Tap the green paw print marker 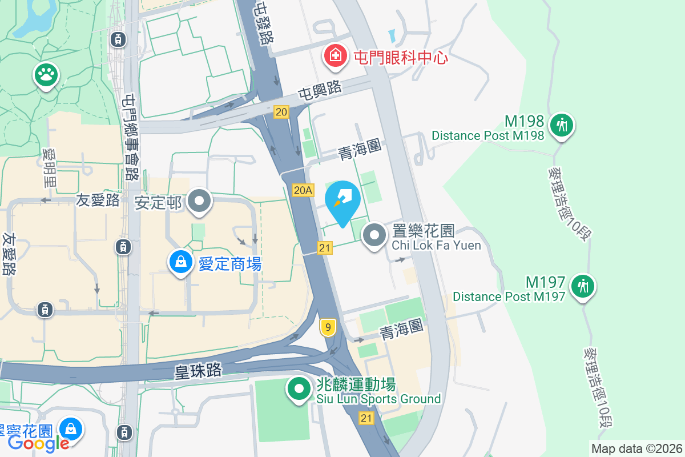(x=46, y=74)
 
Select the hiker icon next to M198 (x=562, y=124)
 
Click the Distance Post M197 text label (x=509, y=296)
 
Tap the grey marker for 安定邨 (x=199, y=202)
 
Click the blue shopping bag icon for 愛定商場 (x=180, y=263)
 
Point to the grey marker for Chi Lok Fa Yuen (x=374, y=235)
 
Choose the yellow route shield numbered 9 (x=327, y=327)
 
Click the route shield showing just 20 (x=281, y=112)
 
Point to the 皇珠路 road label (x=198, y=370)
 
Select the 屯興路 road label (x=319, y=90)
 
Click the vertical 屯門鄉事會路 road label (x=131, y=137)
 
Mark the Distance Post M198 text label (x=487, y=136)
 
